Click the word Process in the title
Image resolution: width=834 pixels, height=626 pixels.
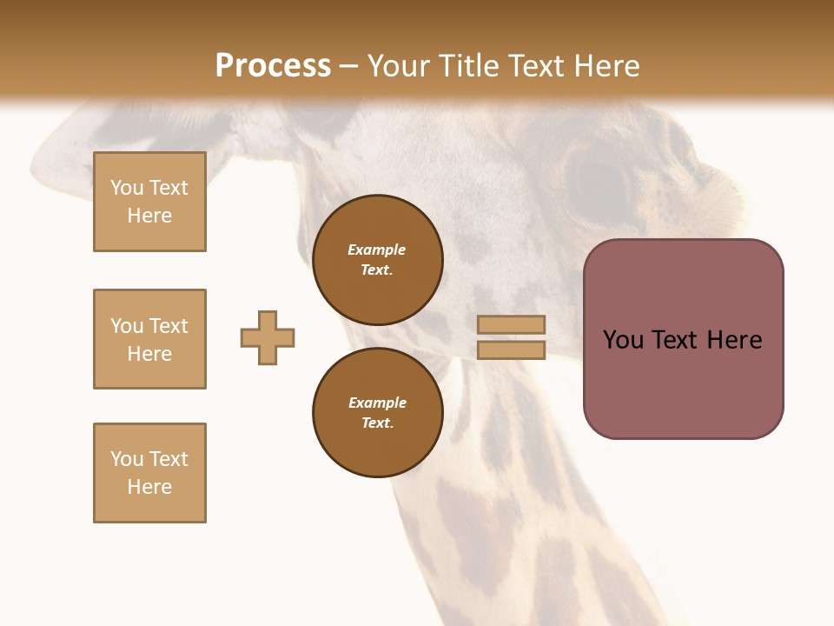point(273,65)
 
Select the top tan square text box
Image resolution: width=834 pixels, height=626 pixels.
point(149,202)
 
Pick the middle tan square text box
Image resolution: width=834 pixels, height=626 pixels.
point(149,339)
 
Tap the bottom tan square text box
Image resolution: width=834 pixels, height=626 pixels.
point(149,473)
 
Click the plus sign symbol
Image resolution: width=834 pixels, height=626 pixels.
point(268,337)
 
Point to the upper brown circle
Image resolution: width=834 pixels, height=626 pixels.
point(377,260)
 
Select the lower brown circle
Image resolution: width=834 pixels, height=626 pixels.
point(377,413)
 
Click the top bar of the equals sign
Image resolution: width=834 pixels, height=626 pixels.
point(511,324)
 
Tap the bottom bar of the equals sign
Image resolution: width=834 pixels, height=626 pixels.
point(511,350)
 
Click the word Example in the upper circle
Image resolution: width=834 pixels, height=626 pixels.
point(377,250)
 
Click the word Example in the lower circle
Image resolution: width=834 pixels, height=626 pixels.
point(377,403)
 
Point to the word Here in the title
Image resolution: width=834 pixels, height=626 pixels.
point(606,65)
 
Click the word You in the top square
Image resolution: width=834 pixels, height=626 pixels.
point(127,188)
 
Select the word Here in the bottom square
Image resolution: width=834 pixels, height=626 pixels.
point(149,487)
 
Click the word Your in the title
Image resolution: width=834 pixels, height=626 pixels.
point(398,65)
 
